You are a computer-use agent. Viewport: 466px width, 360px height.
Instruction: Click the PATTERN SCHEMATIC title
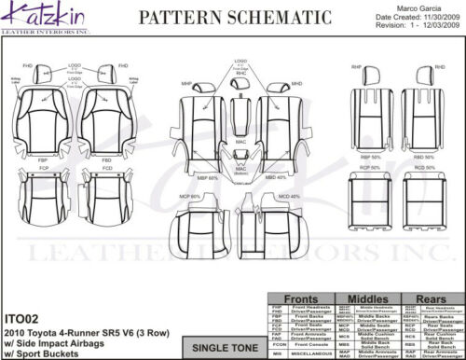(x=228, y=18)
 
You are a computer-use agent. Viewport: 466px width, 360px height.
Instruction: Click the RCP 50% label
(x=370, y=166)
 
